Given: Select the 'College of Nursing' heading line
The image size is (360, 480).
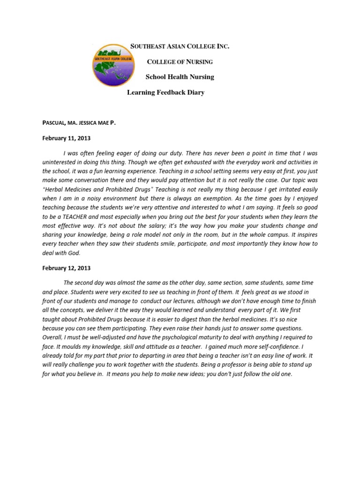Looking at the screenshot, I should tap(180, 62).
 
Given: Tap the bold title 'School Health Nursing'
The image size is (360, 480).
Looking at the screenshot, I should tap(180, 77).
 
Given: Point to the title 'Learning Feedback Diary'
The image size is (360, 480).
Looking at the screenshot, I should tap(166, 92).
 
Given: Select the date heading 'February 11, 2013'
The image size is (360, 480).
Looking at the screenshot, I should tap(66, 138).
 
